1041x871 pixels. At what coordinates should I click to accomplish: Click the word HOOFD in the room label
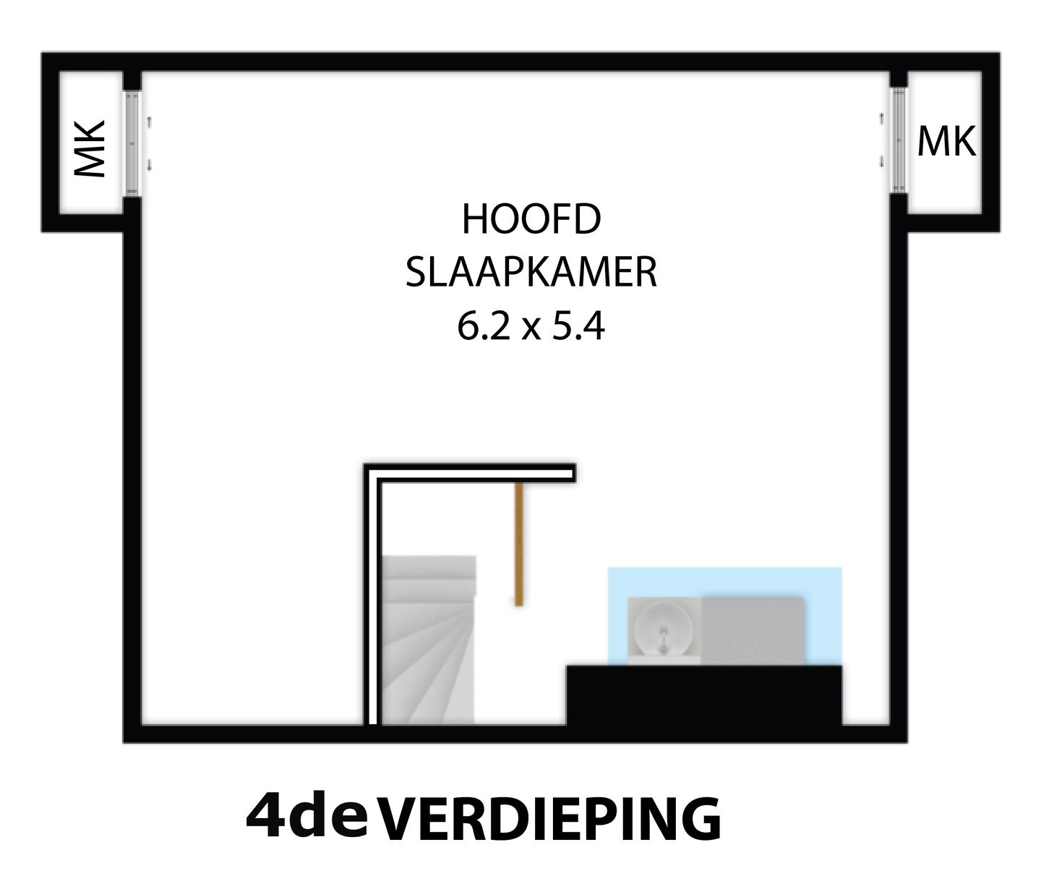coord(531,220)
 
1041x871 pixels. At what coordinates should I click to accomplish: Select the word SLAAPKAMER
coord(531,274)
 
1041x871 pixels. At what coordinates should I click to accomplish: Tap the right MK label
coord(946,142)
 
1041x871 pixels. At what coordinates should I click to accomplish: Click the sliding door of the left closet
coord(132,143)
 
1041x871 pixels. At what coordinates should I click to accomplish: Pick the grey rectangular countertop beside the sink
coord(753,628)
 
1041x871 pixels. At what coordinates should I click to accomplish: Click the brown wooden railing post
coord(518,544)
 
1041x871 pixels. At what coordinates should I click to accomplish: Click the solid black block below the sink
coord(704,694)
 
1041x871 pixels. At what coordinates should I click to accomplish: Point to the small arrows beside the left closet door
coord(149,143)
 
